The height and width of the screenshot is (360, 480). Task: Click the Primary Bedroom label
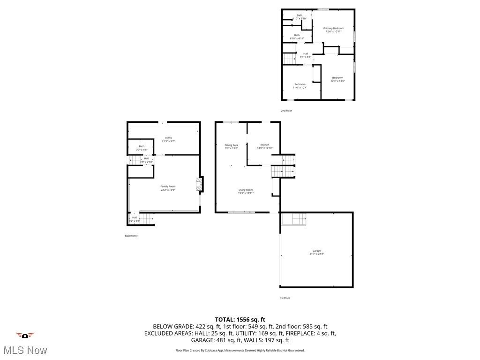tap(333, 30)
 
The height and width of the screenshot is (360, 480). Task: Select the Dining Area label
tap(232, 146)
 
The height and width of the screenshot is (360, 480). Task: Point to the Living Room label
tap(246, 191)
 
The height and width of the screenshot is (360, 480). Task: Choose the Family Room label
tap(168, 188)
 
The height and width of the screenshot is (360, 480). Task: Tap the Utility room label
tap(168, 139)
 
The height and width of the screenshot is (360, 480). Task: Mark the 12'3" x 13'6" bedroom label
tap(337, 79)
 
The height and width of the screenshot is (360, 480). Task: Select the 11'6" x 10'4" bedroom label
tap(300, 86)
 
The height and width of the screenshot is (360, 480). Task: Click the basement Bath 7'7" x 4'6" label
tap(142, 148)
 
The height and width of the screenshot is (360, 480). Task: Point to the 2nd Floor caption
tap(286, 111)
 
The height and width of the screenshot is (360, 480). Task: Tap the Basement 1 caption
tap(132, 236)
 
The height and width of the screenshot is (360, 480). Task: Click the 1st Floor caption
tap(285, 298)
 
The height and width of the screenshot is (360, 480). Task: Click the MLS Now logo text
tap(25, 350)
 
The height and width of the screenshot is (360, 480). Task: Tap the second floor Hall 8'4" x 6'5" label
tap(306, 55)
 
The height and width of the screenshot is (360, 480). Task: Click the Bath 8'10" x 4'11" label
tap(297, 37)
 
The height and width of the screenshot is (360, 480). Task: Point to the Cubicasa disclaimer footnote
tap(240, 350)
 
